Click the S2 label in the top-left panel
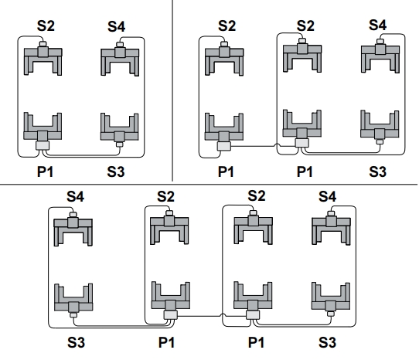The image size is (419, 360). [46, 26]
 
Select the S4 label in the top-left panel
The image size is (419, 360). [116, 27]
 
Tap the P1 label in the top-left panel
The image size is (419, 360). [45, 172]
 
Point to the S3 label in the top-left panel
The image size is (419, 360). [116, 172]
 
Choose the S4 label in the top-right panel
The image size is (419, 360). [377, 25]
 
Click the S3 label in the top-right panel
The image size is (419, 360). [377, 172]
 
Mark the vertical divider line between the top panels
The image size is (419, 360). [172, 90]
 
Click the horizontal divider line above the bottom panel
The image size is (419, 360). [209, 184]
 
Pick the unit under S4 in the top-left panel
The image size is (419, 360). [120, 59]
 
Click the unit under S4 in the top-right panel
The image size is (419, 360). [380, 56]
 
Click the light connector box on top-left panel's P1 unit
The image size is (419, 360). [43, 145]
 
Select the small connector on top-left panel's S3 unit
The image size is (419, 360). [120, 144]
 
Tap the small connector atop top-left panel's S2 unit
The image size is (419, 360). [43, 43]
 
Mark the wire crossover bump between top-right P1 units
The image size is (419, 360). [277, 145]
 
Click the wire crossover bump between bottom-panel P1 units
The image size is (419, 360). [223, 316]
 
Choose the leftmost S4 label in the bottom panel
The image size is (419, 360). [75, 197]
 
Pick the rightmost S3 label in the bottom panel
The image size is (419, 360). [327, 343]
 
